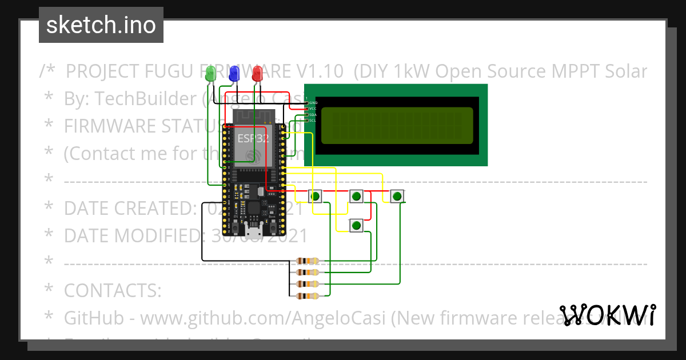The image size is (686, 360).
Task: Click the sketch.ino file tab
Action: [101, 25]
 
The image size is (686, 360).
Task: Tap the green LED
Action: [210, 73]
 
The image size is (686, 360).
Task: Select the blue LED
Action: [233, 73]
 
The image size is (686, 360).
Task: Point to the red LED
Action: [257, 73]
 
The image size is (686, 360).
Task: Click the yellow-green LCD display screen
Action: [397, 126]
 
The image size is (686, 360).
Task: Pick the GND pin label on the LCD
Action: [313, 103]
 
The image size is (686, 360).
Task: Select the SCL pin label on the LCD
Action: [313, 121]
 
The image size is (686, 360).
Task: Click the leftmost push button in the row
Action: [315, 196]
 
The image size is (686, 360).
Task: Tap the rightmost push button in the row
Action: [397, 196]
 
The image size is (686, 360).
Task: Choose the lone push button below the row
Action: [356, 226]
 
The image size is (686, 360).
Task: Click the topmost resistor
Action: [309, 261]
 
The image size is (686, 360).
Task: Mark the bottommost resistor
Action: [309, 295]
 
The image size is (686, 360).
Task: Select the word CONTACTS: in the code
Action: [113, 290]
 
